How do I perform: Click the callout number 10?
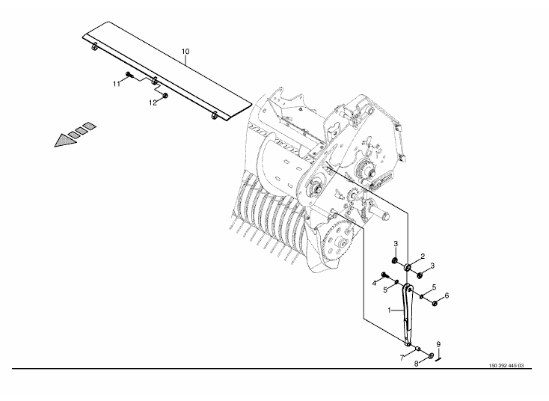[x=185, y=52]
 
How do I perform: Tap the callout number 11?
[x=116, y=84]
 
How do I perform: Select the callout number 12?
[x=153, y=103]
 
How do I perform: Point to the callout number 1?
[x=389, y=310]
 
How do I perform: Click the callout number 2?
[x=423, y=257]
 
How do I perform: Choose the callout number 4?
[x=374, y=283]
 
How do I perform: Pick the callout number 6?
[x=447, y=296]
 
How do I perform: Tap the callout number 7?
[x=402, y=358]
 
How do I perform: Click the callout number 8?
[x=416, y=364]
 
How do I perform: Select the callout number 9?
[x=438, y=345]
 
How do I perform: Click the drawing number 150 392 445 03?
[x=506, y=366]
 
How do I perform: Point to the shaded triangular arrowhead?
[x=65, y=141]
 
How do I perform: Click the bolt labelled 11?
[x=129, y=74]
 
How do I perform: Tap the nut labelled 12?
[x=165, y=95]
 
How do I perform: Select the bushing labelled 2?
[x=408, y=267]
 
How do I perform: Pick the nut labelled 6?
[x=435, y=303]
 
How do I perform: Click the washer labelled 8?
[x=430, y=356]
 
